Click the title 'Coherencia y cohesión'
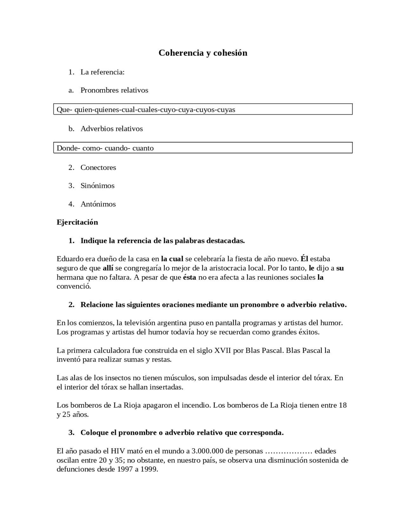point(203,53)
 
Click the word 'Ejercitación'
point(77,222)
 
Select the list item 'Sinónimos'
point(97,185)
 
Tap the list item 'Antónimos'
point(98,204)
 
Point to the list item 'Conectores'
point(98,167)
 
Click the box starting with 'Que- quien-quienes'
point(203,109)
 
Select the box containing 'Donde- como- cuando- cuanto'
point(203,148)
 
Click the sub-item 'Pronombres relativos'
point(114,90)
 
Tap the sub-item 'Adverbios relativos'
point(112,129)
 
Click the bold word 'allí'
point(108,268)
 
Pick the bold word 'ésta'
point(189,277)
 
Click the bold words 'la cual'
point(172,259)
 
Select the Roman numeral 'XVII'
point(222,350)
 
